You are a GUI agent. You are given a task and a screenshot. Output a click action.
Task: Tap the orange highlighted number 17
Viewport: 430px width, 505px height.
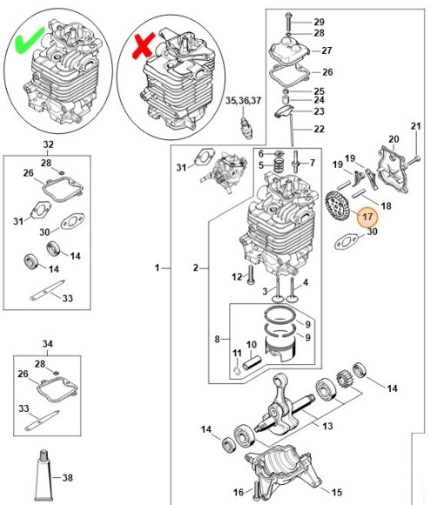367,217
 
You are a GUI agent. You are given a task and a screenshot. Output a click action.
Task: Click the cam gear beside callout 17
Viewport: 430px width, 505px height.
336,208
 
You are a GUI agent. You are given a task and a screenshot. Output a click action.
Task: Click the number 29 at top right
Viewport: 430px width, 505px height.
319,22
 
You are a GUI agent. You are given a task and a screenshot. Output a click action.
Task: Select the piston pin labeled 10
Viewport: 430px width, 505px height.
252,363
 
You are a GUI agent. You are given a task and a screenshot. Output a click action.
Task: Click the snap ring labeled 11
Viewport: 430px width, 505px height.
238,371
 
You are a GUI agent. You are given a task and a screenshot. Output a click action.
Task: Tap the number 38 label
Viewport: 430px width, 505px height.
67,477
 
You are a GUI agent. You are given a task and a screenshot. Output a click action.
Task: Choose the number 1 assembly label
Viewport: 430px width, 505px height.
157,267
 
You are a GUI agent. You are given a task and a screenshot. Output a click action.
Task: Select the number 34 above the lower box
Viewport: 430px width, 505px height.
47,344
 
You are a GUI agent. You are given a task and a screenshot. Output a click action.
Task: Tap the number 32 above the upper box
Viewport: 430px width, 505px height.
48,145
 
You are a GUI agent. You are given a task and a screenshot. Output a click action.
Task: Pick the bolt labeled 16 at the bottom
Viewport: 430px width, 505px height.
256,490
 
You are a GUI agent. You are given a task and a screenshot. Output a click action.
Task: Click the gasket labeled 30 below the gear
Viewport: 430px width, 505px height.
346,241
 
